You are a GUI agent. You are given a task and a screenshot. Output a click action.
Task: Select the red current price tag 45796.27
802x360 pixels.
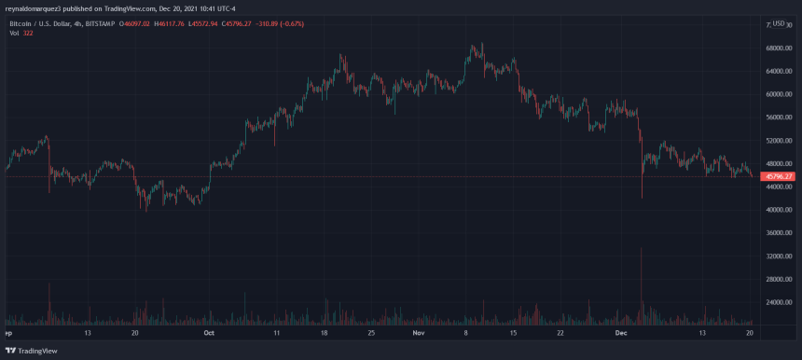777,176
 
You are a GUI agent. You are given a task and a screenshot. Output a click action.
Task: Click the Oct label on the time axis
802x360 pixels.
209,332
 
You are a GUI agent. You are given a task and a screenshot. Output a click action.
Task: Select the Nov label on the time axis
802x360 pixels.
419,332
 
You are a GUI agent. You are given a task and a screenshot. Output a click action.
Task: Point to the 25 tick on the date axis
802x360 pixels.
371,332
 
